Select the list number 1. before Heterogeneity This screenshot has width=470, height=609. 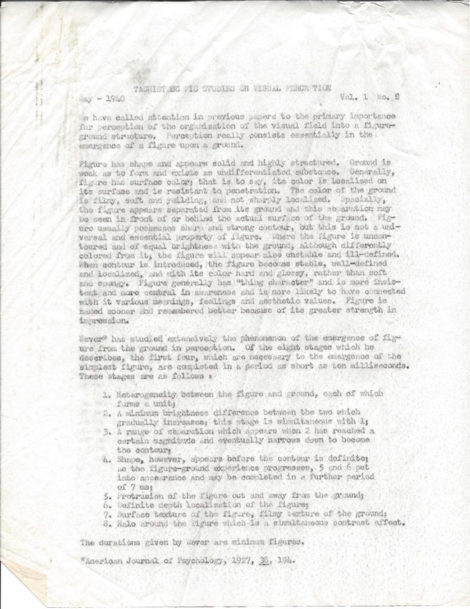(105, 394)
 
